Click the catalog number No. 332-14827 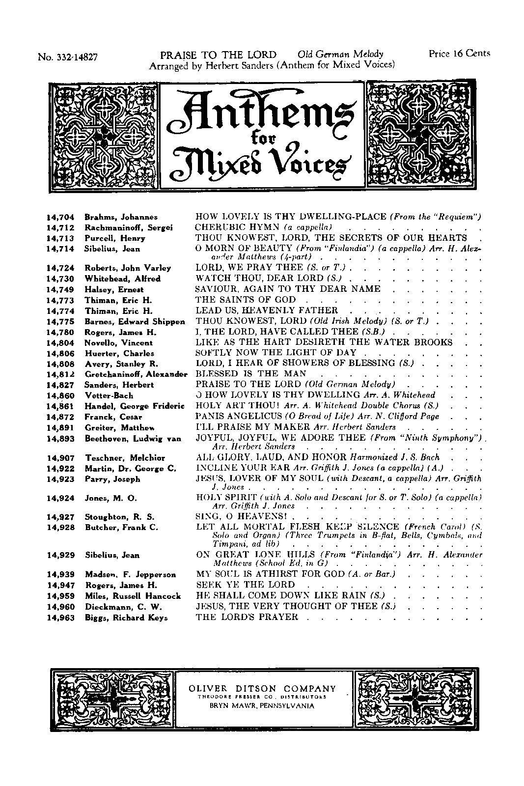pos(68,57)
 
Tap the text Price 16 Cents pos(459,54)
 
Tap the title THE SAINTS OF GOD pos(246,300)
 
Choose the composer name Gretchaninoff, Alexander pos(136,374)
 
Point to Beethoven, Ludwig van pos(133,439)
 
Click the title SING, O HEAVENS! pos(241,517)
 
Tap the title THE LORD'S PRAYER pos(247,617)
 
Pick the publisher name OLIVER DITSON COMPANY pos(263,689)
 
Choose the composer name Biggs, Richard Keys pos(126,618)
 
